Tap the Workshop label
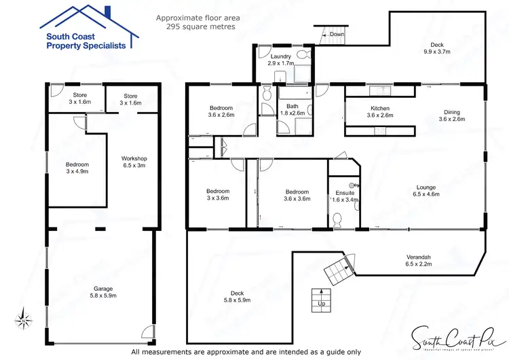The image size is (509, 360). (134, 162)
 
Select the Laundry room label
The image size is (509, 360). (280, 59)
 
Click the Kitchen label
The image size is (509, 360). (380, 112)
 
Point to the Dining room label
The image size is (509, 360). (452, 115)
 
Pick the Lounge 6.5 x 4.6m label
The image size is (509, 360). (426, 190)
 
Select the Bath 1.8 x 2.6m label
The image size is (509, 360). (293, 109)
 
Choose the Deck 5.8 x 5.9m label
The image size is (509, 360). (238, 296)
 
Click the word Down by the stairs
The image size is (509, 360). (337, 34)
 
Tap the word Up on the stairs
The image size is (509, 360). (320, 304)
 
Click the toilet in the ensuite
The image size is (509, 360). (338, 217)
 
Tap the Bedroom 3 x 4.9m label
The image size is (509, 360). (77, 168)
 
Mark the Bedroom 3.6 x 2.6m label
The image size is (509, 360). (221, 111)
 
